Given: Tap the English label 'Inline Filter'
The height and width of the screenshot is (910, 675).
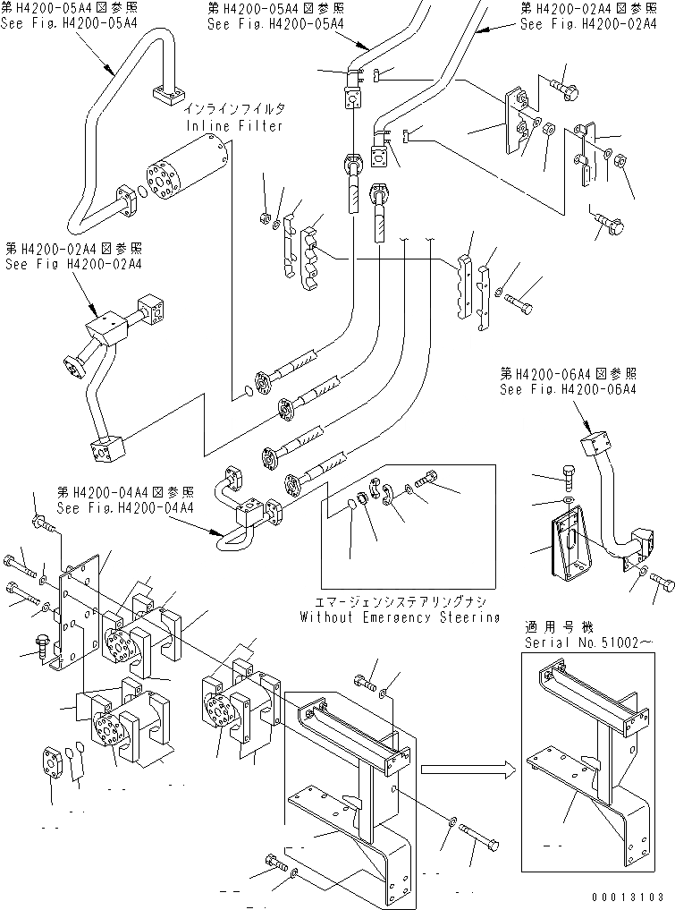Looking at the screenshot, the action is (234, 125).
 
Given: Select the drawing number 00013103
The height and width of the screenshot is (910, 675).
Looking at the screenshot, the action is (628, 897).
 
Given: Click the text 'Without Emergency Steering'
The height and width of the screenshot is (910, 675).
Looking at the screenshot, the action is (400, 617).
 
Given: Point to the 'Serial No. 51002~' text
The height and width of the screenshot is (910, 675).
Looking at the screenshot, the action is (582, 642).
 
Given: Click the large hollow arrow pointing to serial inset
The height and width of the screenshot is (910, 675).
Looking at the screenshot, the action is (468, 770).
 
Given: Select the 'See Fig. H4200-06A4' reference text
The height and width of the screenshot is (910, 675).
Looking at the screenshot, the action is (569, 389).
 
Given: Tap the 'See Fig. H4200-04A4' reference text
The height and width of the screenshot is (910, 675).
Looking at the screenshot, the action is (125, 508).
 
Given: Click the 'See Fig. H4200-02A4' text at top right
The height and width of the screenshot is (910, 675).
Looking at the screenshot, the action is (588, 24).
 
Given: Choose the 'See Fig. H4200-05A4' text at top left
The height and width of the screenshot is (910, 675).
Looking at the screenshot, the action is (69, 24).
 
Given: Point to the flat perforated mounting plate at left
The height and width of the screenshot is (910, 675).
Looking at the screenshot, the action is (80, 616).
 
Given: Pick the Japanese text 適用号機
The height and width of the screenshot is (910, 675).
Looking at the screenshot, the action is (551, 627).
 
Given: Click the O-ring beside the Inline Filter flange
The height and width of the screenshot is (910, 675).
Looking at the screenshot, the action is (142, 191).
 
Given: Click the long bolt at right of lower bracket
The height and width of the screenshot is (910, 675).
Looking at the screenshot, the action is (479, 836).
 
